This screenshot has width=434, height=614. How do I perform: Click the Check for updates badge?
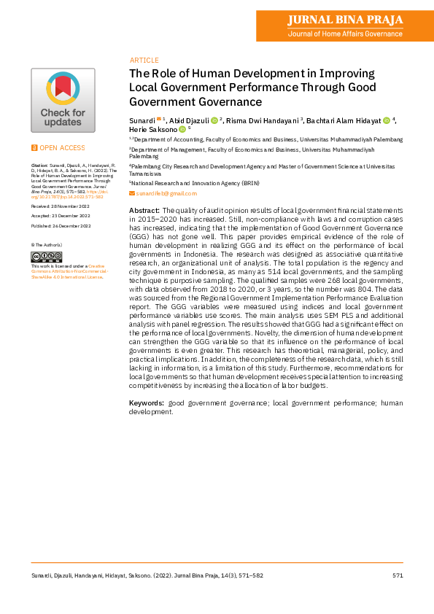click(x=63, y=100)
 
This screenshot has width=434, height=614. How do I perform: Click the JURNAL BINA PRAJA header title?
click(x=345, y=19)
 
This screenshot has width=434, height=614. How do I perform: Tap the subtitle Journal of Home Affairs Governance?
click(x=345, y=34)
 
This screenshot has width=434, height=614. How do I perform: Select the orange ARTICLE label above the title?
click(x=144, y=60)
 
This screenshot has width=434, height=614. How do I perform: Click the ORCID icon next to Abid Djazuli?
click(x=215, y=120)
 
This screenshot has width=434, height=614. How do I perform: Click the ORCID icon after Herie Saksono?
click(x=182, y=129)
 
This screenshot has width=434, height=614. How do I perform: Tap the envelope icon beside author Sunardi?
click(x=159, y=119)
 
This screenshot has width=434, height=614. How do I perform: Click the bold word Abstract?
click(x=144, y=210)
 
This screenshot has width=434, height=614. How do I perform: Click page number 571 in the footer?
click(x=398, y=575)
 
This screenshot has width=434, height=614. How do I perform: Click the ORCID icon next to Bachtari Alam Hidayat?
click(x=387, y=120)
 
